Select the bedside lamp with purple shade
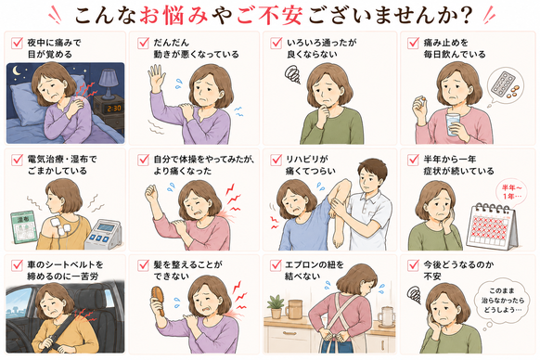point(109,83)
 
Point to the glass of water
point(454,124)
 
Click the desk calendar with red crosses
point(492,226)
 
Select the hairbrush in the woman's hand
point(159,299)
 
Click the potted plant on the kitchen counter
point(276,306)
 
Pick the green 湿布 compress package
point(23,227)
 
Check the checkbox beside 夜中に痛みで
point(17,43)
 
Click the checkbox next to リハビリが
point(276,160)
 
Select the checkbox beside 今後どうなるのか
point(413,265)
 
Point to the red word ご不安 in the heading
point(270,15)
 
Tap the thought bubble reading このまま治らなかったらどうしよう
point(503,301)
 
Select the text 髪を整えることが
point(187,265)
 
